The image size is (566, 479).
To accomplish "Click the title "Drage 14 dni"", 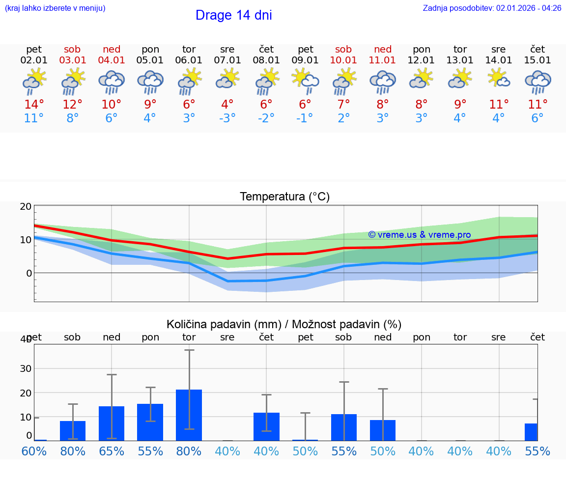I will (233, 15).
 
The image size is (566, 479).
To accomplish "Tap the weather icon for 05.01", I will (150, 82).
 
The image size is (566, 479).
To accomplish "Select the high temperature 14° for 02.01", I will (34, 105).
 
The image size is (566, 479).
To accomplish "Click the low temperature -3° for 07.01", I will (227, 118).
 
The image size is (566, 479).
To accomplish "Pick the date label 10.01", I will (343, 60).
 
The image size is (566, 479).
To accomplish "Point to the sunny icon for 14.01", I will (499, 79).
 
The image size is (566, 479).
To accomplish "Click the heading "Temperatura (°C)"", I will (284, 197).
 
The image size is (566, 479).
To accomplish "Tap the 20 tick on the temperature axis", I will (26, 206).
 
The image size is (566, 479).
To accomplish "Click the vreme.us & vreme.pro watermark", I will (420, 235).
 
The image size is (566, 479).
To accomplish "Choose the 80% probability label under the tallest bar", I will (189, 451).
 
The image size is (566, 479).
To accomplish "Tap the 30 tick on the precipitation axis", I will (26, 368).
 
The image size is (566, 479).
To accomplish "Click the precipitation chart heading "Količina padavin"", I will (284, 324).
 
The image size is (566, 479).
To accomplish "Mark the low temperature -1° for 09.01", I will (305, 118).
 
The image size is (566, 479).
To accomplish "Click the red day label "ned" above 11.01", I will (383, 49).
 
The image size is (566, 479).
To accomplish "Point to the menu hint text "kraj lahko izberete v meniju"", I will (55, 8).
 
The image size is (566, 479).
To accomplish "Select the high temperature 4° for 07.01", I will (227, 105).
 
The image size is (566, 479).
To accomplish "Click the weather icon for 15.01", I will (538, 82).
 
